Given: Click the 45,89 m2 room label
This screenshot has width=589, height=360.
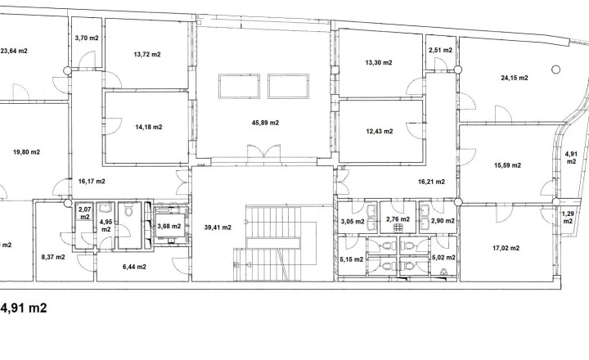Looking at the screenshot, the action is pyautogui.click(x=265, y=123).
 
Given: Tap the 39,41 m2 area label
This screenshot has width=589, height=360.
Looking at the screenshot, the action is pyautogui.click(x=218, y=227).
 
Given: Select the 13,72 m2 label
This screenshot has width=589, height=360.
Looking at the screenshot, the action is pyautogui.click(x=147, y=55).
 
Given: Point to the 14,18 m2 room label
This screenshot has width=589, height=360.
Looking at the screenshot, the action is pyautogui.click(x=149, y=128).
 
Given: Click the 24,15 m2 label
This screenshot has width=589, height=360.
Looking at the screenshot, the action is pyautogui.click(x=515, y=79).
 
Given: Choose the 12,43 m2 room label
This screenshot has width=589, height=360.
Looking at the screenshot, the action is pyautogui.click(x=380, y=132).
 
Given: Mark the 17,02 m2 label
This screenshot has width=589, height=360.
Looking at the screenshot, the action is pyautogui.click(x=506, y=248).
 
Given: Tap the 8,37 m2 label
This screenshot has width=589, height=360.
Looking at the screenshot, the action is pyautogui.click(x=53, y=258).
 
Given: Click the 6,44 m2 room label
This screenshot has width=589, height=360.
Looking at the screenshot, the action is pyautogui.click(x=134, y=268).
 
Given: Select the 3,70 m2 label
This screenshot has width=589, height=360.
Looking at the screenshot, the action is pyautogui.click(x=87, y=38).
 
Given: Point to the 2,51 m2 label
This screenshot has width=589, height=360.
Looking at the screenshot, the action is pyautogui.click(x=441, y=51).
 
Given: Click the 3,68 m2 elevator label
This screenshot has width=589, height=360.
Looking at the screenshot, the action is pyautogui.click(x=169, y=226).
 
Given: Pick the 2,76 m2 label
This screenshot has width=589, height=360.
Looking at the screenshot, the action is pyautogui.click(x=398, y=219).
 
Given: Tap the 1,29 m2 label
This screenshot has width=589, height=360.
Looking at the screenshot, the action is pyautogui.click(x=568, y=218).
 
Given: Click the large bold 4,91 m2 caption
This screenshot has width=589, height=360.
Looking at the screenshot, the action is pyautogui.click(x=24, y=308).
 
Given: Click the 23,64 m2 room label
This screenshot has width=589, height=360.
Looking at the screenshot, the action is pyautogui.click(x=14, y=51).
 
